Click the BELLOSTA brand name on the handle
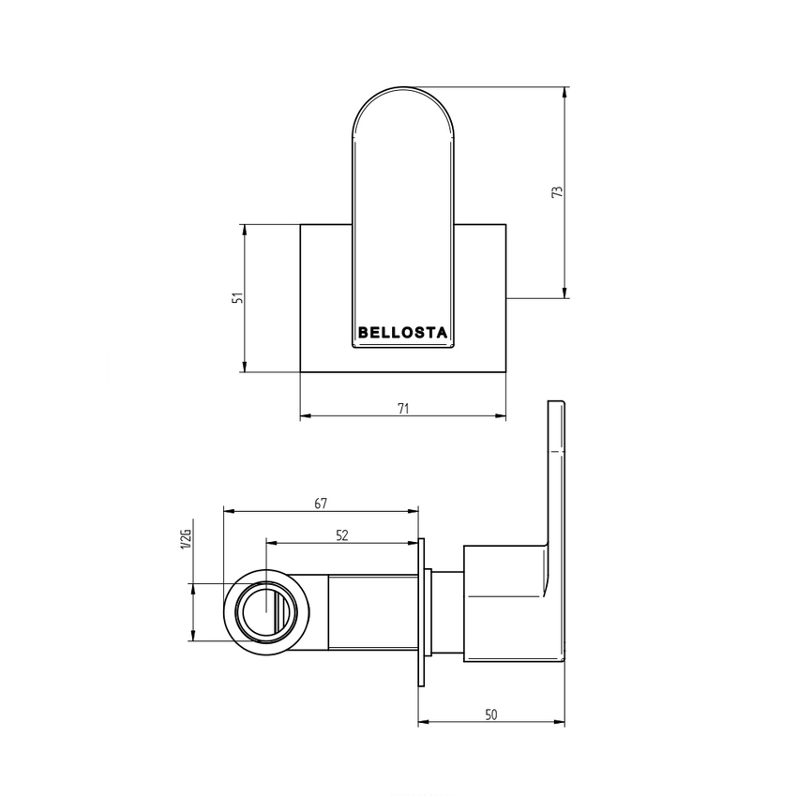tap(402, 332)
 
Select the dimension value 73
tap(557, 192)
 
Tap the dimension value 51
tap(238, 297)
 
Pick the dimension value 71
tap(403, 409)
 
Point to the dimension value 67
tap(321, 504)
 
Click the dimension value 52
tap(342, 535)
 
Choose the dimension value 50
tap(491, 714)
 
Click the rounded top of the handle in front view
tap(402, 103)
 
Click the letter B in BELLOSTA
tap(363, 332)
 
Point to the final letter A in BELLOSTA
tap(442, 332)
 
